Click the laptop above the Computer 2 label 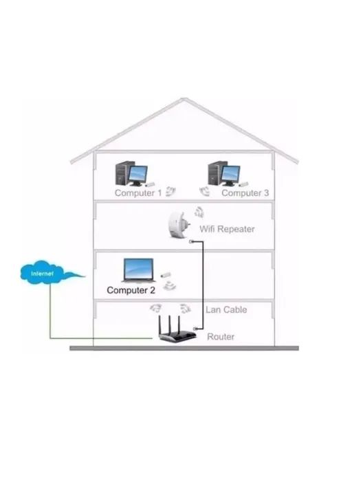[138, 271]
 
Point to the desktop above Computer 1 [131, 173]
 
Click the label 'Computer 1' [138, 193]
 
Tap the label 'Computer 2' [131, 290]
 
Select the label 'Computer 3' [245, 193]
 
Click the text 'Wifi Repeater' [227, 229]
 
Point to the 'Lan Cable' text [226, 310]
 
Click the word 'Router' [221, 337]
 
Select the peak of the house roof [184, 100]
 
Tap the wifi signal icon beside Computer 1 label [171, 190]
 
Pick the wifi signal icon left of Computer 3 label [204, 190]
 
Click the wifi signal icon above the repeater [199, 211]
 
